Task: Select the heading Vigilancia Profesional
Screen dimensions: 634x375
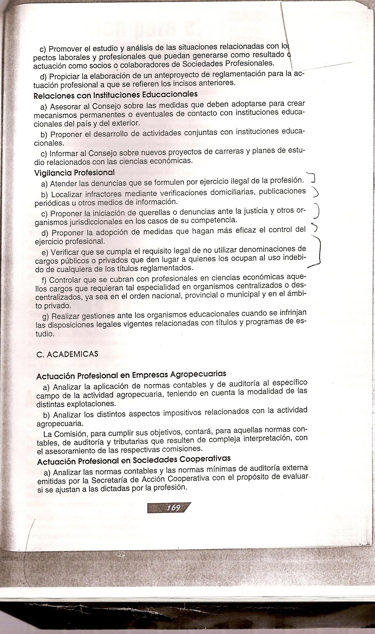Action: [x=74, y=173]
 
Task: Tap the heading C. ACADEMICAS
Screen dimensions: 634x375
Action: [x=67, y=354]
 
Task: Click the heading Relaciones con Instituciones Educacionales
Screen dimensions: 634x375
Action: [x=116, y=95]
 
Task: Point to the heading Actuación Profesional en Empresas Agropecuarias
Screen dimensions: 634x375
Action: [x=131, y=375]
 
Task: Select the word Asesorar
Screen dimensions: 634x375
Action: [x=65, y=107]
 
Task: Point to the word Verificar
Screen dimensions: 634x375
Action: [x=65, y=252]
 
